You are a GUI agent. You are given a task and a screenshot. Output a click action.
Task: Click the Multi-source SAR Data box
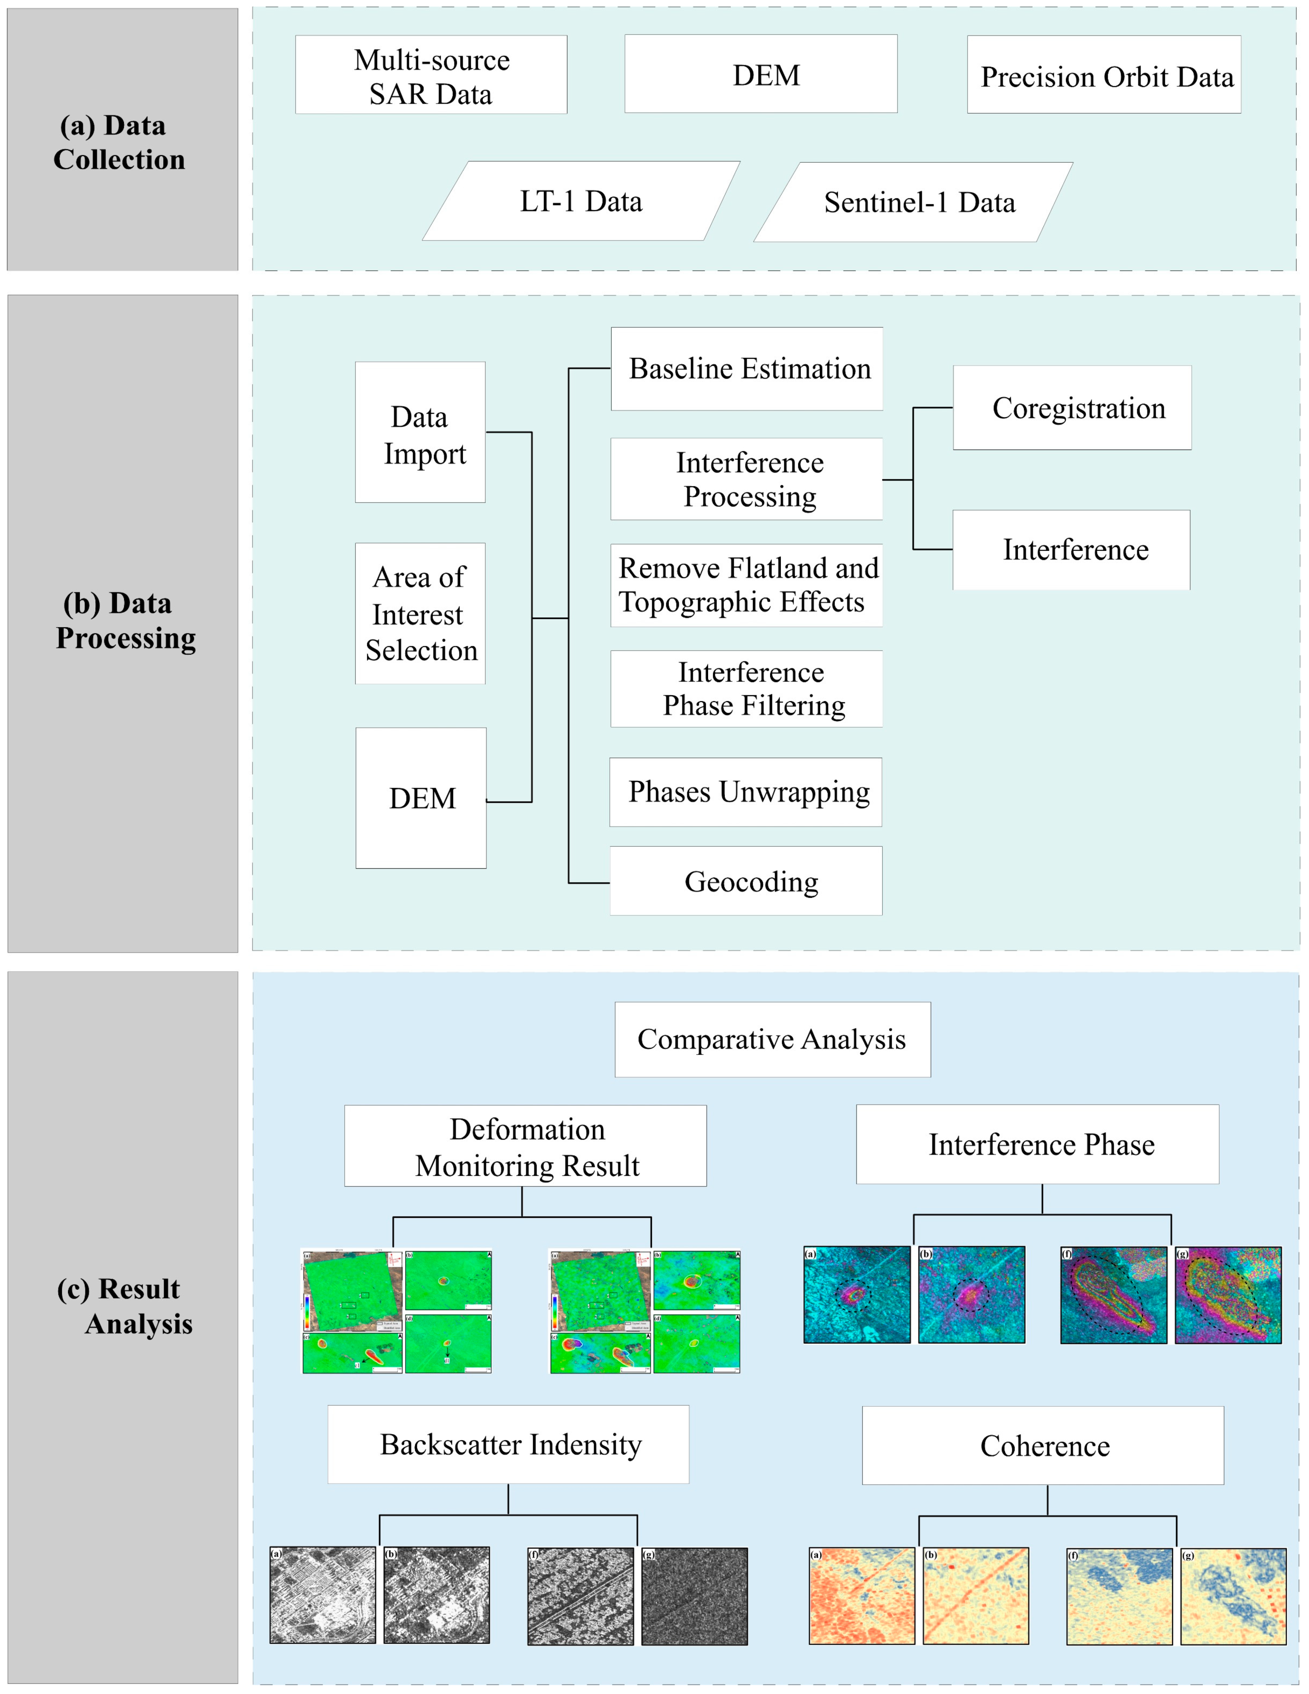431,75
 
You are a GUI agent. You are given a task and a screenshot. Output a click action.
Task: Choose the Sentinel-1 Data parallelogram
913,203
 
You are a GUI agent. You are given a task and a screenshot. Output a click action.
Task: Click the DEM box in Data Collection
761,74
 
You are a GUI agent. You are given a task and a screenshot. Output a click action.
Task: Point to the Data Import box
420,433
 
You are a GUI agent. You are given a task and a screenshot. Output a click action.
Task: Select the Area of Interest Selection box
420,614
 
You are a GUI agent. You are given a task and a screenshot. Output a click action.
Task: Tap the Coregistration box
1072,408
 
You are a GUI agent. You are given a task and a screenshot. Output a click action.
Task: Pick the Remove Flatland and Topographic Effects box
747,585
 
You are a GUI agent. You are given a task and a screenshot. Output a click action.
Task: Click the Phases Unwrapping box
746,792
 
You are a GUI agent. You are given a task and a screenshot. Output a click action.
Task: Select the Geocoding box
746,881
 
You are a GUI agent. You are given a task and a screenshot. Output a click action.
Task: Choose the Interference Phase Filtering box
747,689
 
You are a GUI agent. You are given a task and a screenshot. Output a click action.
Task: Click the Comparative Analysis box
772,1039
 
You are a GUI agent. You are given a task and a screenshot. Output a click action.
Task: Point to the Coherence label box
1043,1446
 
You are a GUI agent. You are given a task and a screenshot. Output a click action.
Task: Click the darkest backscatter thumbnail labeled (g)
694,1596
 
